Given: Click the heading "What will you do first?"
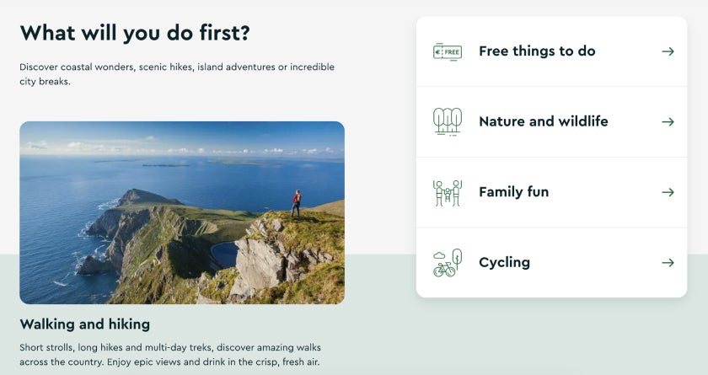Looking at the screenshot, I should coord(135,33).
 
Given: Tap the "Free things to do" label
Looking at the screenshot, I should coord(537,51).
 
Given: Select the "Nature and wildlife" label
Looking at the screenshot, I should coord(543,121).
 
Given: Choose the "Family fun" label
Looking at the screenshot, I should coord(513,192).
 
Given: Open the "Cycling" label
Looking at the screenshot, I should coord(504,262).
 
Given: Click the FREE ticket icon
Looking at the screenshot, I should coord(447,51).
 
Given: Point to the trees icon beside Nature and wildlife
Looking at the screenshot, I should coord(447,121).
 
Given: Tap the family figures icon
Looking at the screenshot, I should coord(447,192).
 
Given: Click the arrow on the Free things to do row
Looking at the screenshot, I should coord(668,51).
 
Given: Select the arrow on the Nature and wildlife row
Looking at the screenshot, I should coord(668,121).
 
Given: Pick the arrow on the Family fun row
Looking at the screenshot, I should coord(668,192).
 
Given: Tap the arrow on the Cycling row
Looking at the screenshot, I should coord(668,262).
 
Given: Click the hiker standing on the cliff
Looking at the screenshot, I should coord(296,202).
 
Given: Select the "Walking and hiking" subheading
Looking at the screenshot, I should coord(84,324).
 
